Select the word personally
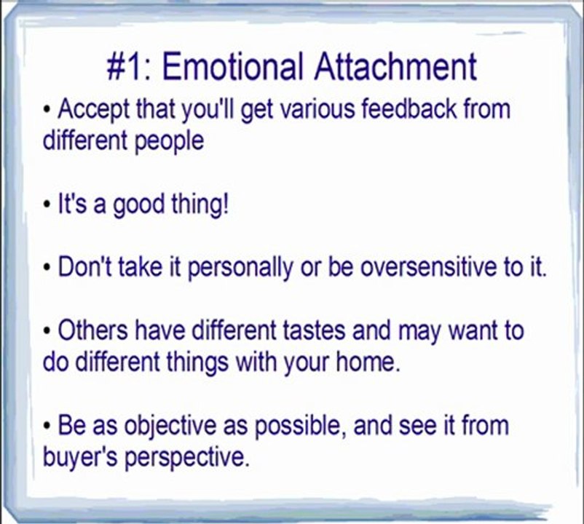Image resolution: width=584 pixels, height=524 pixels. [x=240, y=269]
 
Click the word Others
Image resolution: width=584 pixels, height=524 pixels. [x=92, y=330]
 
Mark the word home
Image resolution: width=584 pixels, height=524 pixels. [x=368, y=361]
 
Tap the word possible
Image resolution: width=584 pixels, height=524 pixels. [x=298, y=426]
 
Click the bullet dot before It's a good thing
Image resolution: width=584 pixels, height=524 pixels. [x=47, y=205]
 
